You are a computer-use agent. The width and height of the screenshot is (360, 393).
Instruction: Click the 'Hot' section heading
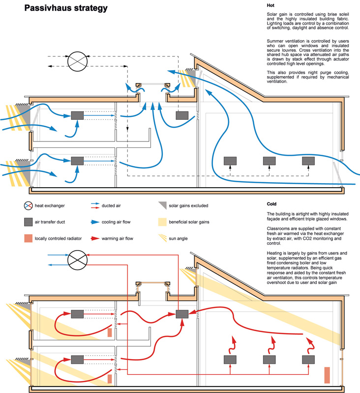pos(270,5)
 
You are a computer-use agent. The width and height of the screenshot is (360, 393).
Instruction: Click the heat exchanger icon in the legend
pos(27,205)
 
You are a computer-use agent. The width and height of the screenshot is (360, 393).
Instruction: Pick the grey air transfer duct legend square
pos(27,222)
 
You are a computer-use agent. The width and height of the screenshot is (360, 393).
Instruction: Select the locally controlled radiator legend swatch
pos(27,238)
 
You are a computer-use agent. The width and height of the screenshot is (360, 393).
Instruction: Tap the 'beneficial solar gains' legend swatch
pos(162,222)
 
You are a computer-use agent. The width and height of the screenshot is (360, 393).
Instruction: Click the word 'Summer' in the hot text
pos(275,41)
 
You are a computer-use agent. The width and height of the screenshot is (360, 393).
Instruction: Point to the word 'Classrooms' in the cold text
pos(278,229)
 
